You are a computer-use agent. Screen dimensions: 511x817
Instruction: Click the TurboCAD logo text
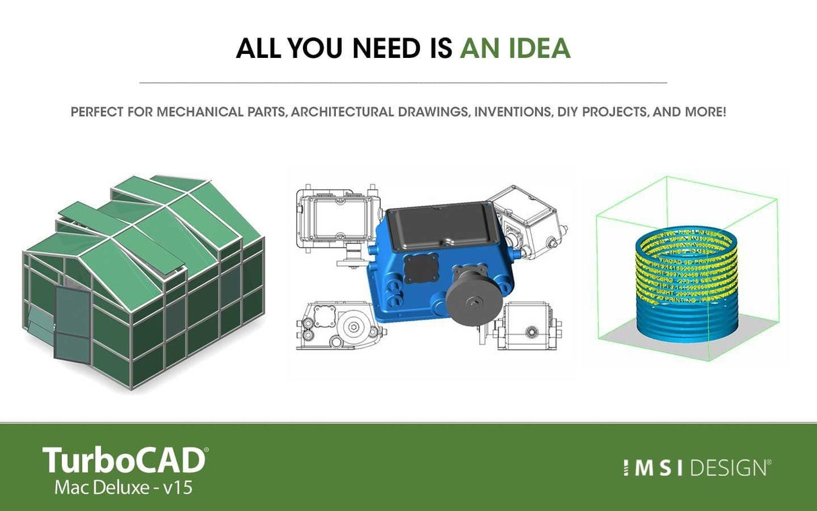pos(125,460)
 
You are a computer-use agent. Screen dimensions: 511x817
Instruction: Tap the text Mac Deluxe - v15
pos(123,487)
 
